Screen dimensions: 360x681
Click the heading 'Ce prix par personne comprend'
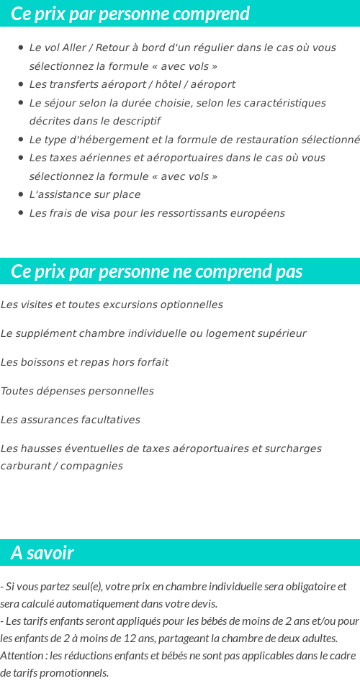click(130, 14)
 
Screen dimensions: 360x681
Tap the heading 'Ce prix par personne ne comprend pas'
click(157, 271)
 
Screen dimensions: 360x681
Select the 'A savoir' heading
click(42, 553)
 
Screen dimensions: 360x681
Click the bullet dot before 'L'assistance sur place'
click(22, 194)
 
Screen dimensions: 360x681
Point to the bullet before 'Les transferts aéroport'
click(22, 84)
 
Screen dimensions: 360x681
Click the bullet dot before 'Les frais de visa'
click(22, 213)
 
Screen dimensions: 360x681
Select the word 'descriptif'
click(135, 121)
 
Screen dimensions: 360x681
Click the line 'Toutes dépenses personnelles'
click(77, 391)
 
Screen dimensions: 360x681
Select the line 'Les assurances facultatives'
click(71, 420)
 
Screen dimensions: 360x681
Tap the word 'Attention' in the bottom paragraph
click(22, 655)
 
